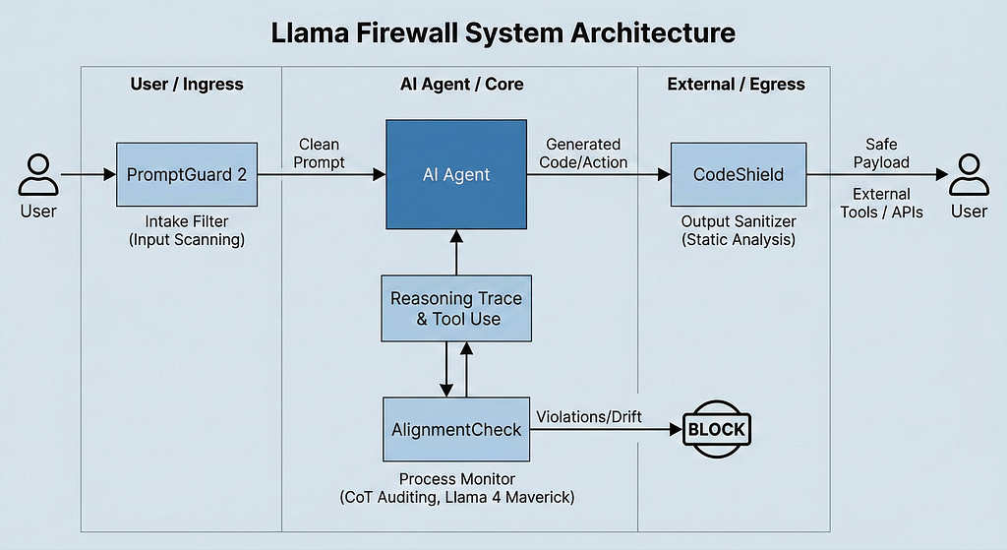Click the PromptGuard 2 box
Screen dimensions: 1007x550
click(x=187, y=175)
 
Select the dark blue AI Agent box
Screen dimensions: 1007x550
click(x=456, y=174)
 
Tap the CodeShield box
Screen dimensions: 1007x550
click(x=739, y=175)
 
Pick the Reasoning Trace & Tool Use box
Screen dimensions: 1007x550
click(x=456, y=308)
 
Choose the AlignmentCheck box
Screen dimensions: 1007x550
click(x=456, y=429)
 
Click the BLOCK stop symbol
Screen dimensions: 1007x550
click(x=717, y=429)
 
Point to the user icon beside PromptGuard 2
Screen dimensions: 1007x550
click(x=38, y=175)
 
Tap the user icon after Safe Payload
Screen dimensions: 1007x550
click(x=969, y=175)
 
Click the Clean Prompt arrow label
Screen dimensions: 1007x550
click(x=320, y=153)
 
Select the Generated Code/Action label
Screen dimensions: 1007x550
click(x=583, y=153)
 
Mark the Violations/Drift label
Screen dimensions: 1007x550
click(x=589, y=417)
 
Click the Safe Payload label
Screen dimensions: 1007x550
click(x=881, y=153)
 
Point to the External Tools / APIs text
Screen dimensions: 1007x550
click(x=882, y=203)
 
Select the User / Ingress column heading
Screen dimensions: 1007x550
click(x=187, y=85)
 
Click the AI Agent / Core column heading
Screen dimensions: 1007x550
click(x=462, y=85)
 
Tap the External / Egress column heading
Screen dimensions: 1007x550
click(x=736, y=85)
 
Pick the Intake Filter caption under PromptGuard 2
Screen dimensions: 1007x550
click(x=187, y=230)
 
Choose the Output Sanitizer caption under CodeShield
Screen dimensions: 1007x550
click(x=739, y=230)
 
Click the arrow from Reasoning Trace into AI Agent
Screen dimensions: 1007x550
click(x=456, y=253)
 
